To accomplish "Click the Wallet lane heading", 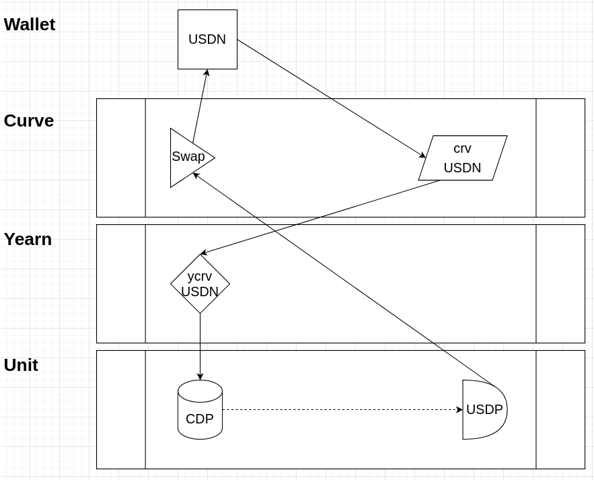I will coord(30,24).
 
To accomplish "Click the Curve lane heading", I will coord(29,121).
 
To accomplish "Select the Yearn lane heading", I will coord(28,239).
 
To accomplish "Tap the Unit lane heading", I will coord(21,365).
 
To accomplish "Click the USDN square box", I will coord(207,39).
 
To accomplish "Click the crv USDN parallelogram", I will coord(463,158).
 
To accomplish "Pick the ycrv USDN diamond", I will coord(200,284).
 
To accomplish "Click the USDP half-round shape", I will coord(483,409).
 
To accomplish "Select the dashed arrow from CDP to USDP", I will coord(336,409).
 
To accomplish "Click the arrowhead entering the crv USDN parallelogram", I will coord(422,156).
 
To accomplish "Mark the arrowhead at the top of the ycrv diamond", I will coord(203,253).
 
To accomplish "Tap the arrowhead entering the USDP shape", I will coord(459,409).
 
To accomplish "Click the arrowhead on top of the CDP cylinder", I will coord(200,377).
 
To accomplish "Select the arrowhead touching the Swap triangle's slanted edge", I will coord(196,175).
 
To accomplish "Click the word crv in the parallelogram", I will coord(462,149).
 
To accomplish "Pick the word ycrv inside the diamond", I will coord(200,276).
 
